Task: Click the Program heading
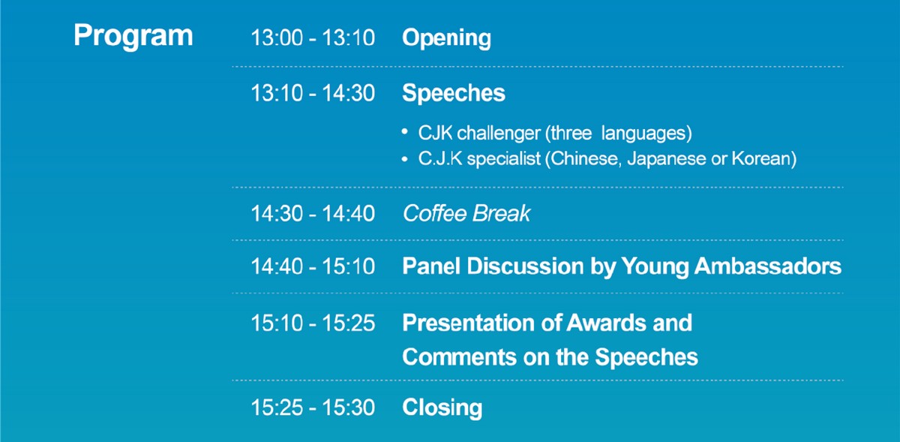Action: click(x=133, y=36)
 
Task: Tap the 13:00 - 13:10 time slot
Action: click(x=313, y=38)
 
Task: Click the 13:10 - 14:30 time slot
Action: click(x=313, y=93)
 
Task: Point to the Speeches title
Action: click(x=454, y=94)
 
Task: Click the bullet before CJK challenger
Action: click(x=404, y=131)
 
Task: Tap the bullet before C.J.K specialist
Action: click(x=404, y=159)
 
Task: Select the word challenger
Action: click(x=499, y=134)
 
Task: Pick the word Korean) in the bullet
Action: click(x=763, y=159)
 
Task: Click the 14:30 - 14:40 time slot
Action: click(x=313, y=214)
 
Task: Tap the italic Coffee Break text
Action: click(x=466, y=214)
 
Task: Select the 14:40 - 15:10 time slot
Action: click(x=313, y=266)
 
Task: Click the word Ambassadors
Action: click(x=767, y=266)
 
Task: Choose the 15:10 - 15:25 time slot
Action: click(x=313, y=323)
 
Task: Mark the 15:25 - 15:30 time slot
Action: click(x=313, y=407)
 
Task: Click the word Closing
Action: click(x=442, y=408)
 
